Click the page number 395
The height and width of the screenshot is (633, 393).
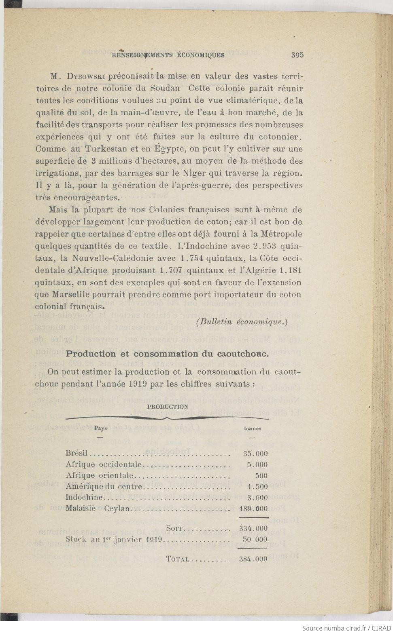[x=297, y=55]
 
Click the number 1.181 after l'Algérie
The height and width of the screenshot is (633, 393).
[x=290, y=270]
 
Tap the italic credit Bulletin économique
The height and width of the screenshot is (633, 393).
[x=242, y=322]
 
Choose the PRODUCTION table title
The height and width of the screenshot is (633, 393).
[x=168, y=407]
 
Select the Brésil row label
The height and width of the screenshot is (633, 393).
[x=76, y=454]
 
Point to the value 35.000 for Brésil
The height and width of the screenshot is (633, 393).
[x=255, y=454]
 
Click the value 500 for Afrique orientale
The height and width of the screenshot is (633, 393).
[x=261, y=476]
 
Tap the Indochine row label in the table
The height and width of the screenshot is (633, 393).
[x=84, y=498]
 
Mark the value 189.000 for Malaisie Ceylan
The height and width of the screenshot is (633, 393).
[x=253, y=509]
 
